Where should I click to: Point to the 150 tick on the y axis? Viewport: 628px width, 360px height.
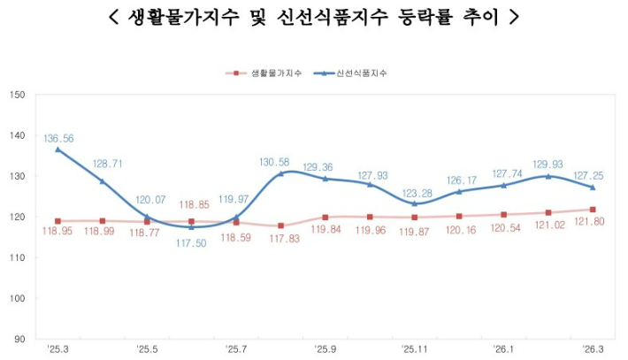click(18, 95)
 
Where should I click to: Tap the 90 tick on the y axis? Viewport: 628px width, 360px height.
click(19, 339)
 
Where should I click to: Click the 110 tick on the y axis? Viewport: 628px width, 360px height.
click(18, 257)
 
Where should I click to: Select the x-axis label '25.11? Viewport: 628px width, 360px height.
click(414, 349)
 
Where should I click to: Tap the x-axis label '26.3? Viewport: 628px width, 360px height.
click(592, 349)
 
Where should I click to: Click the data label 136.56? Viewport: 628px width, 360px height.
click(57, 138)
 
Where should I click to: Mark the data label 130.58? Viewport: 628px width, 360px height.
click(274, 162)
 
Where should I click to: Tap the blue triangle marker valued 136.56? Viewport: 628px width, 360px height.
click(58, 149)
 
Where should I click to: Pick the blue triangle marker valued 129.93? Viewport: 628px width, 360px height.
click(548, 176)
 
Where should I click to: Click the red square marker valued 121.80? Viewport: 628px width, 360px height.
click(592, 210)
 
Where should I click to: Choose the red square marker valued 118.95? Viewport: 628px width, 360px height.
click(58, 221)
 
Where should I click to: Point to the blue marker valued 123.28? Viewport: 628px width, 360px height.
click(414, 203)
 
